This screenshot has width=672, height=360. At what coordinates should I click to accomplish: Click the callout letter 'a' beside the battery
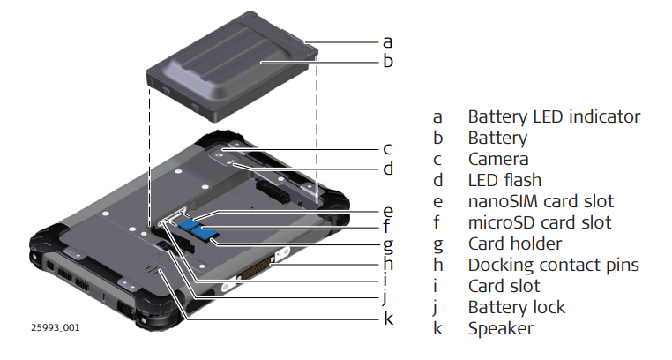click(x=387, y=41)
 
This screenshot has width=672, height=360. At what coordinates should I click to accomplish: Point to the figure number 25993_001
click(x=56, y=328)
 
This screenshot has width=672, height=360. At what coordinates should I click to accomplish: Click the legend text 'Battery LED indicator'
click(x=553, y=116)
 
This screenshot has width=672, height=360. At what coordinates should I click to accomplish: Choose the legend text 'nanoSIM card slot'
click(x=540, y=201)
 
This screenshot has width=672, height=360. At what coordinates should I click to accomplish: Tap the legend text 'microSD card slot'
click(x=539, y=222)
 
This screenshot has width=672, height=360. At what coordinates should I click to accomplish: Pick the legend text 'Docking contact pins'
click(x=553, y=265)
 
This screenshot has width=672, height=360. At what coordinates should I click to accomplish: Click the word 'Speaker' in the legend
click(x=500, y=328)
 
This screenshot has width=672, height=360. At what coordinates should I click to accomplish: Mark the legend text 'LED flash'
click(x=504, y=180)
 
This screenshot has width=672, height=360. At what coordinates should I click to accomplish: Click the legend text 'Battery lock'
click(x=516, y=307)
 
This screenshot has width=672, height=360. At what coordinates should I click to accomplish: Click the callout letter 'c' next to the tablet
click(x=387, y=147)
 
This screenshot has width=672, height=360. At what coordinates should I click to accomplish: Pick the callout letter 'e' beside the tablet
click(x=387, y=211)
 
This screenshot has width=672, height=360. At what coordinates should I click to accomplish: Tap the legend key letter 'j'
click(x=437, y=308)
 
